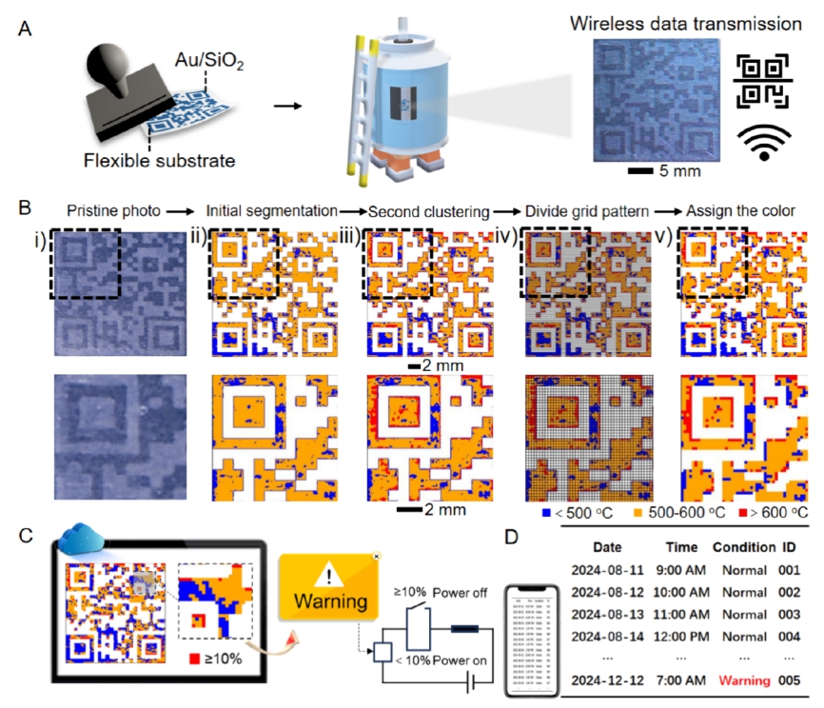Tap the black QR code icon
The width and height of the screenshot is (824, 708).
(x=763, y=79)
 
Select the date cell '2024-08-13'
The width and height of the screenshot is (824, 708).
(x=607, y=615)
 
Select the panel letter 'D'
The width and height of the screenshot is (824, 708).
(x=511, y=536)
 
